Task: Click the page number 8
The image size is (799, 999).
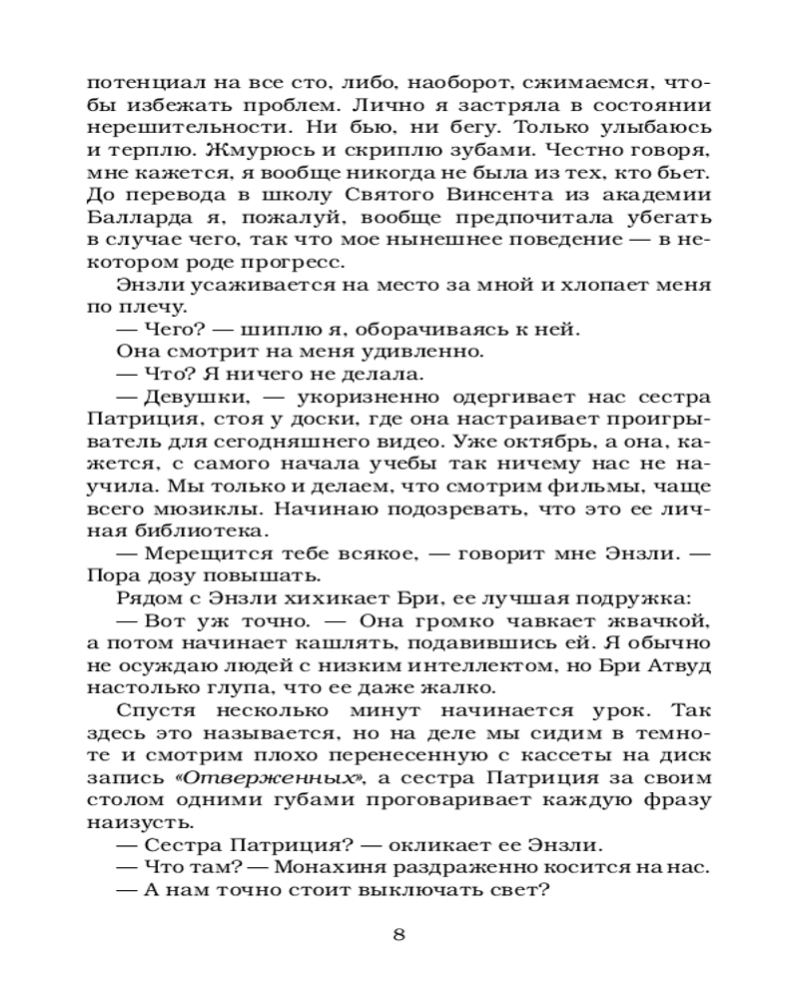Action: tap(399, 935)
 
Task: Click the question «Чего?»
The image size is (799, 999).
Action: tap(169, 330)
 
